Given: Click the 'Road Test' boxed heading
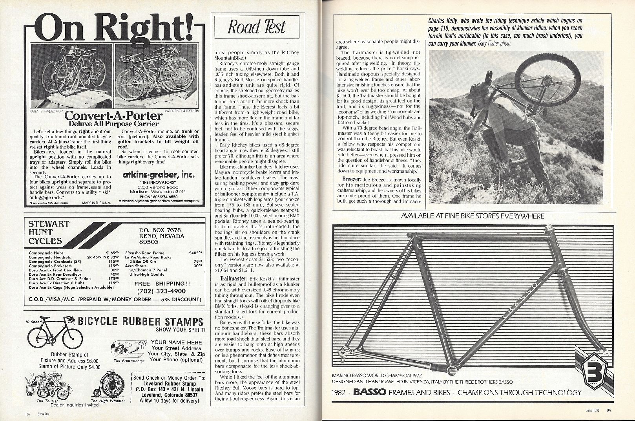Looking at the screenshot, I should click(x=257, y=27).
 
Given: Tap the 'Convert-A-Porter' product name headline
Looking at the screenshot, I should click(x=113, y=116).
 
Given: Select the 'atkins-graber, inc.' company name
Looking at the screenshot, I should click(x=158, y=175).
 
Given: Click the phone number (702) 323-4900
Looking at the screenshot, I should click(x=161, y=291).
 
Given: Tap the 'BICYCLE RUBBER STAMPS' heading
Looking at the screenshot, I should click(x=141, y=321).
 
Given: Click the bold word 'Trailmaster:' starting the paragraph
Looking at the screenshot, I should click(x=233, y=278).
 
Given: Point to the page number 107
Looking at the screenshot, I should click(x=609, y=412).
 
